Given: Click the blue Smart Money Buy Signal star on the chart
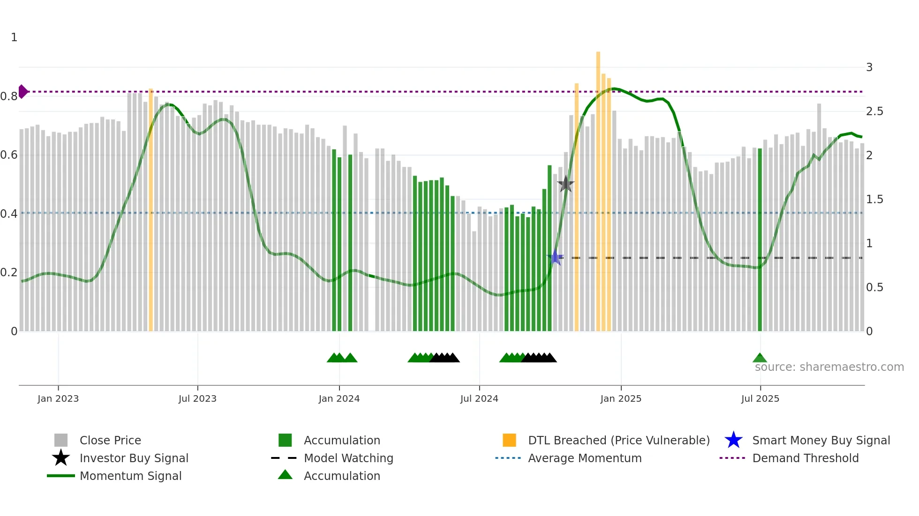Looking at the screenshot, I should [555, 257].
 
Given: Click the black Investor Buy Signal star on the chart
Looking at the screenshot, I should [566, 184].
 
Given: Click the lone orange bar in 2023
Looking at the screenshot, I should [151, 211].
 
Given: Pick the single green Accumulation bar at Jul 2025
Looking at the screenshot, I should [760, 239].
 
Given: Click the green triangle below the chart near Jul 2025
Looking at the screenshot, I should [760, 358].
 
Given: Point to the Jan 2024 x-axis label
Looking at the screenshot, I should [339, 398].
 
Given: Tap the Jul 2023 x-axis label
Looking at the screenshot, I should [197, 398].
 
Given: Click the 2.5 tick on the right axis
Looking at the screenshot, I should [874, 111].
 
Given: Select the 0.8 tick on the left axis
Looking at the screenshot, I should [9, 96].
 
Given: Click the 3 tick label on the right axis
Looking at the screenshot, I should [869, 67].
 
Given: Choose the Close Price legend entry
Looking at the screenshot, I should [110, 440].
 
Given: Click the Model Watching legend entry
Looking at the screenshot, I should [348, 458].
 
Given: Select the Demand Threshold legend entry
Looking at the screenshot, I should [805, 458].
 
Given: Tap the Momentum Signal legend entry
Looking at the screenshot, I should [130, 476].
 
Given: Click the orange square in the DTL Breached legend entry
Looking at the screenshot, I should [509, 440].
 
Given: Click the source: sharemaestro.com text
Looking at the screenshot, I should [829, 367].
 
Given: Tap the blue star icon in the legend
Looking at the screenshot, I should [733, 440].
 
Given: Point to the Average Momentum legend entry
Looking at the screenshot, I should [585, 458].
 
